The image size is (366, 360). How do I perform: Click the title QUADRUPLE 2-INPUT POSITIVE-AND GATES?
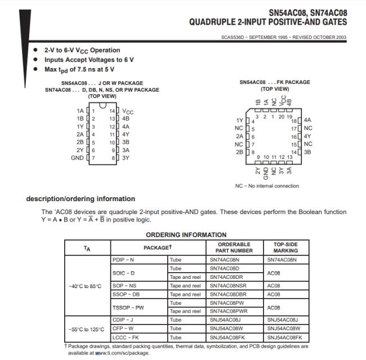[x=267, y=23]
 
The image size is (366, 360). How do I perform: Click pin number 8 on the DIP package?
[x=112, y=158]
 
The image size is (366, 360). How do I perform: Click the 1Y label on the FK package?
[x=239, y=120]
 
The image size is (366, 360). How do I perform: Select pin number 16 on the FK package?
[x=293, y=136]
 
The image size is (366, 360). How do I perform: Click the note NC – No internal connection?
[x=267, y=186]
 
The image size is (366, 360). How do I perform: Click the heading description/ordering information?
[x=81, y=198]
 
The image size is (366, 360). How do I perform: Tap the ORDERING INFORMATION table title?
[x=186, y=235]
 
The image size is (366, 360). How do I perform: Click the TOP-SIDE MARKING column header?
[x=287, y=247]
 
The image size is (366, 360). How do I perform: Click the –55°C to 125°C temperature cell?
[x=86, y=329]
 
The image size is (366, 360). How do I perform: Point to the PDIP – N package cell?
[x=123, y=260]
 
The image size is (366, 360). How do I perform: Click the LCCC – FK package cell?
[x=124, y=337]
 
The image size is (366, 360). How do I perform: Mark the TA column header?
[x=86, y=248]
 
